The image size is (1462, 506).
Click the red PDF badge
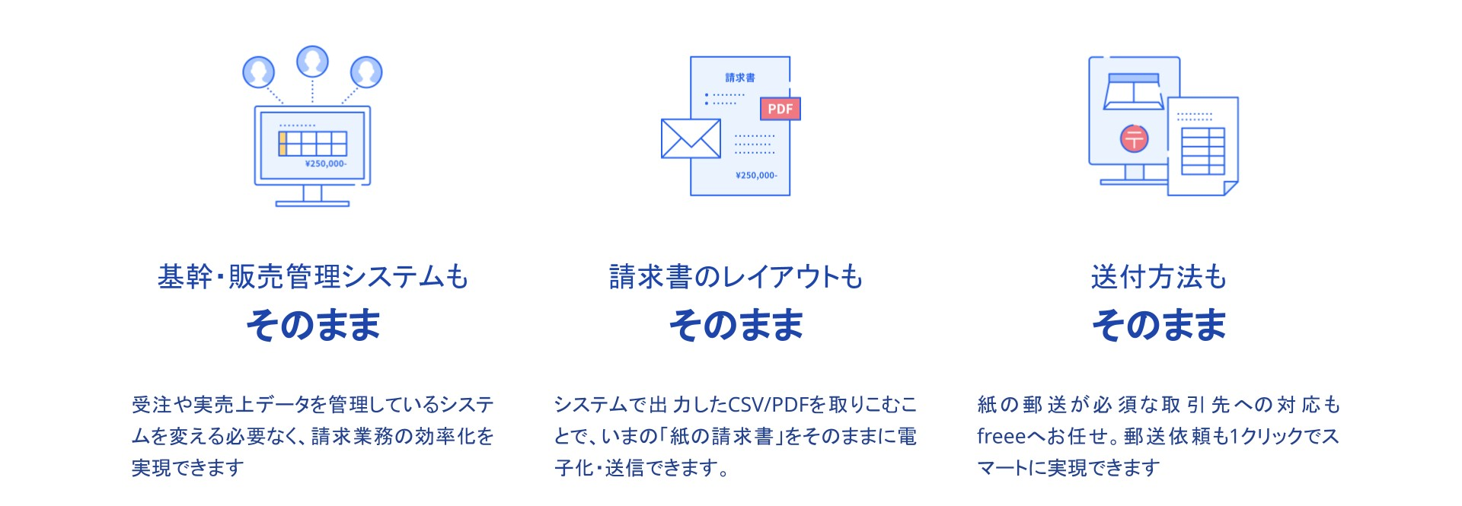pyautogui.click(x=780, y=109)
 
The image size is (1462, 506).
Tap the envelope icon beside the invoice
pyautogui.click(x=691, y=138)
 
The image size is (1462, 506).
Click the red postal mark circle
pyautogui.click(x=1134, y=138)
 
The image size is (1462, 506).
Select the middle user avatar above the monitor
pyautogui.click(x=312, y=62)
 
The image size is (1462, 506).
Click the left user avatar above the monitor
pyautogui.click(x=258, y=72)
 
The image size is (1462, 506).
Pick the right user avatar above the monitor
pyautogui.click(x=366, y=72)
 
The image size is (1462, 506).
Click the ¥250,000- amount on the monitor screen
pyautogui.click(x=325, y=164)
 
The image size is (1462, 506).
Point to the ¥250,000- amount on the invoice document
pyautogui.click(x=756, y=176)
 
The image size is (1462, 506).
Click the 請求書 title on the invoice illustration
pyautogui.click(x=740, y=78)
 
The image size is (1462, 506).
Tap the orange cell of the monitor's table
pyautogui.click(x=283, y=144)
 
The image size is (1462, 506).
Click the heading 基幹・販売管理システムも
pyautogui.click(x=312, y=277)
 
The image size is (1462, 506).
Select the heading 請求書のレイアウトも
pyautogui.click(x=736, y=277)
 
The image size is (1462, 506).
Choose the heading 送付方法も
pyautogui.click(x=1158, y=277)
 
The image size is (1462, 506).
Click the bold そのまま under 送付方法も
pyautogui.click(x=1158, y=326)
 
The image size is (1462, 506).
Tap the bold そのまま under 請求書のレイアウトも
pyautogui.click(x=736, y=326)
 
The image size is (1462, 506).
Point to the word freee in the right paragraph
pyautogui.click(x=1001, y=437)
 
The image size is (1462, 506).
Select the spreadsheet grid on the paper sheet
pyautogui.click(x=1203, y=151)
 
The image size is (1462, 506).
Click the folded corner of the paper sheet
pyautogui.click(x=1230, y=187)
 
